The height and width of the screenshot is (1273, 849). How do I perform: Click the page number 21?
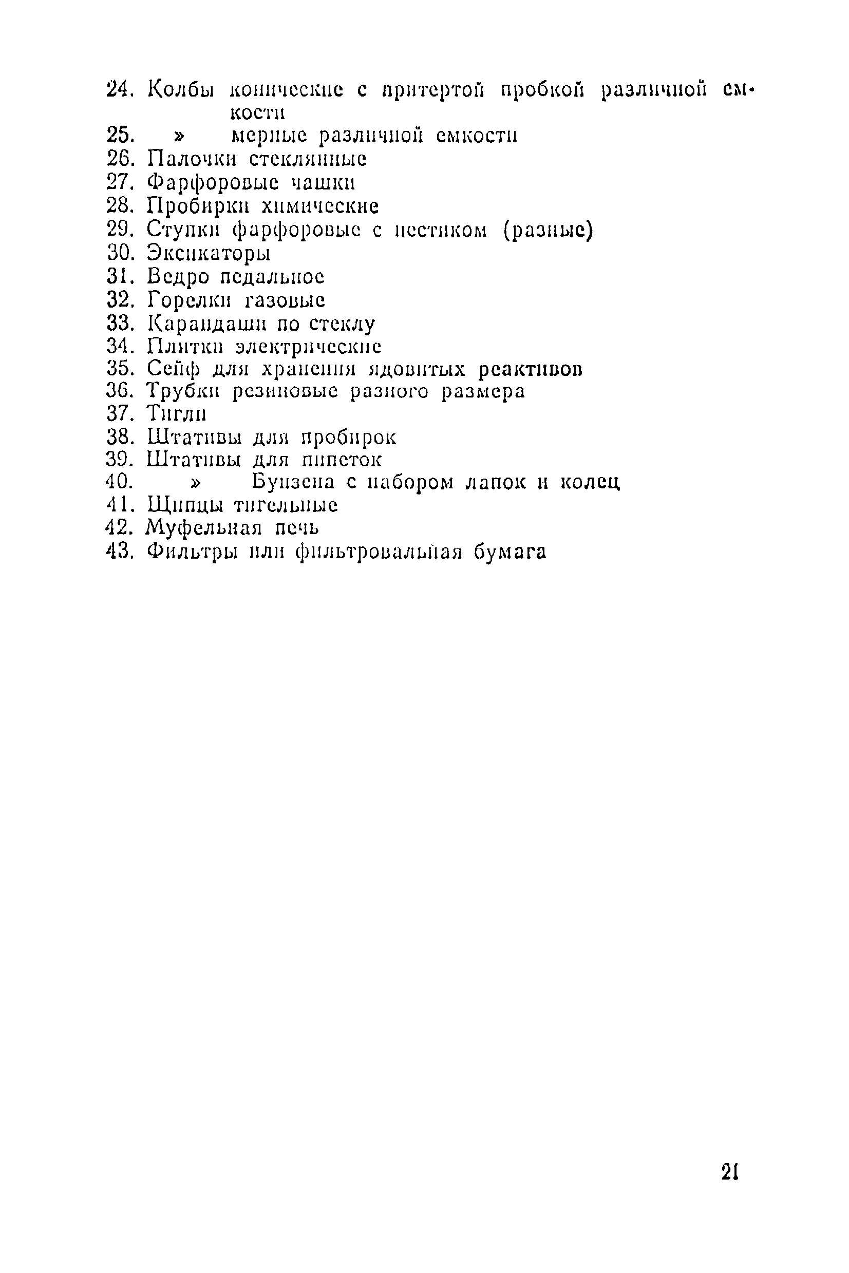coord(730,1172)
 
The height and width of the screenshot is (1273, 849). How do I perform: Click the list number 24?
coord(120,88)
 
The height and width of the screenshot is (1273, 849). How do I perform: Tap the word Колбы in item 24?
coord(181,89)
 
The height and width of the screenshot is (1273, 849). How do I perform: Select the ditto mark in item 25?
coord(178,135)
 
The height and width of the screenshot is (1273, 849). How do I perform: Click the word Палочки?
coord(192,159)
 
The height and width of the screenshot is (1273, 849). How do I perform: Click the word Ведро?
coord(178,277)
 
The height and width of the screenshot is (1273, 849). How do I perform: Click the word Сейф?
coord(173,369)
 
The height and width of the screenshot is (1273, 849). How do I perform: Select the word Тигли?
coord(177,414)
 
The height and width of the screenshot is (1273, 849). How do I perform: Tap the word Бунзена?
coord(293,482)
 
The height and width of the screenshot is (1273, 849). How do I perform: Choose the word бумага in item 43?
coord(510,552)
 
